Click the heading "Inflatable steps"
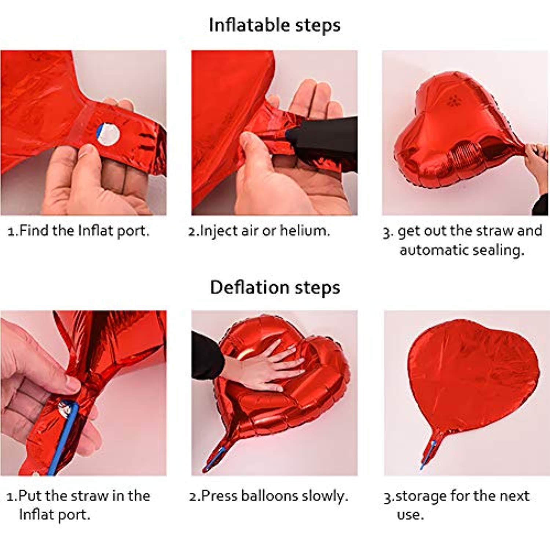[x=275, y=26]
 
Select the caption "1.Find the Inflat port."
[x=78, y=231]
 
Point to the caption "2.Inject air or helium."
[x=259, y=231]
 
